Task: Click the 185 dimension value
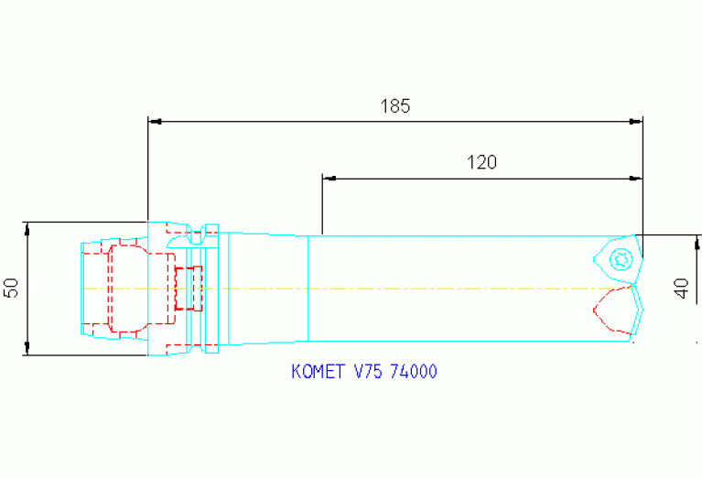coord(395,105)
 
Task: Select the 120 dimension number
coord(481,162)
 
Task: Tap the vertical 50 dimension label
coord(12,288)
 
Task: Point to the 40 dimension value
coord(681,287)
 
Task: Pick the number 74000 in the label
coord(413,372)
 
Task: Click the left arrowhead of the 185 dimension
coord(154,121)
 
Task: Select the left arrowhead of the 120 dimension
coord(329,178)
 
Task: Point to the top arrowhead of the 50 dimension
coord(27,227)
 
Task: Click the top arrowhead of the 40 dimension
coord(698,241)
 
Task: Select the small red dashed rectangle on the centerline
coord(189,288)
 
